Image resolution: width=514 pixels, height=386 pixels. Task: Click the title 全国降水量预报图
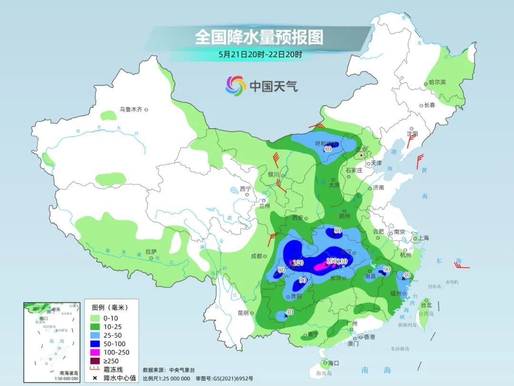click(259, 37)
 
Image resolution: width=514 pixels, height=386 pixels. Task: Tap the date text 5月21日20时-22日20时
click(260, 54)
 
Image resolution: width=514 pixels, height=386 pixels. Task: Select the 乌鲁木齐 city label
click(131, 110)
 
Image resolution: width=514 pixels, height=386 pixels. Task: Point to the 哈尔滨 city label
click(437, 82)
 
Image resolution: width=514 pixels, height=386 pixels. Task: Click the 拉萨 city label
click(151, 251)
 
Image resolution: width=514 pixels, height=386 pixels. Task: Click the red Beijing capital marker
click(361, 155)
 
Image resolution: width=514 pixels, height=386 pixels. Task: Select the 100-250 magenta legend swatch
click(95, 352)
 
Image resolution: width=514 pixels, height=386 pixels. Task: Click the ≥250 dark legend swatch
click(95, 361)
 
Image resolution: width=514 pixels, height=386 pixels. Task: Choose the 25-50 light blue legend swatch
click(95, 335)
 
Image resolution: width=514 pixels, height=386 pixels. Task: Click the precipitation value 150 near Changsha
click(331, 261)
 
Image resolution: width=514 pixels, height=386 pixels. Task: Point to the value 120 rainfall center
click(298, 263)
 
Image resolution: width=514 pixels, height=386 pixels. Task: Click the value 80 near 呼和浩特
click(327, 149)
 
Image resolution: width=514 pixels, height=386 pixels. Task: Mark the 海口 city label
click(334, 363)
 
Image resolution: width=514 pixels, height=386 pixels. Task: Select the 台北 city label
click(426, 305)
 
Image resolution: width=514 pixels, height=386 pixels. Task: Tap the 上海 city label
click(423, 238)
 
